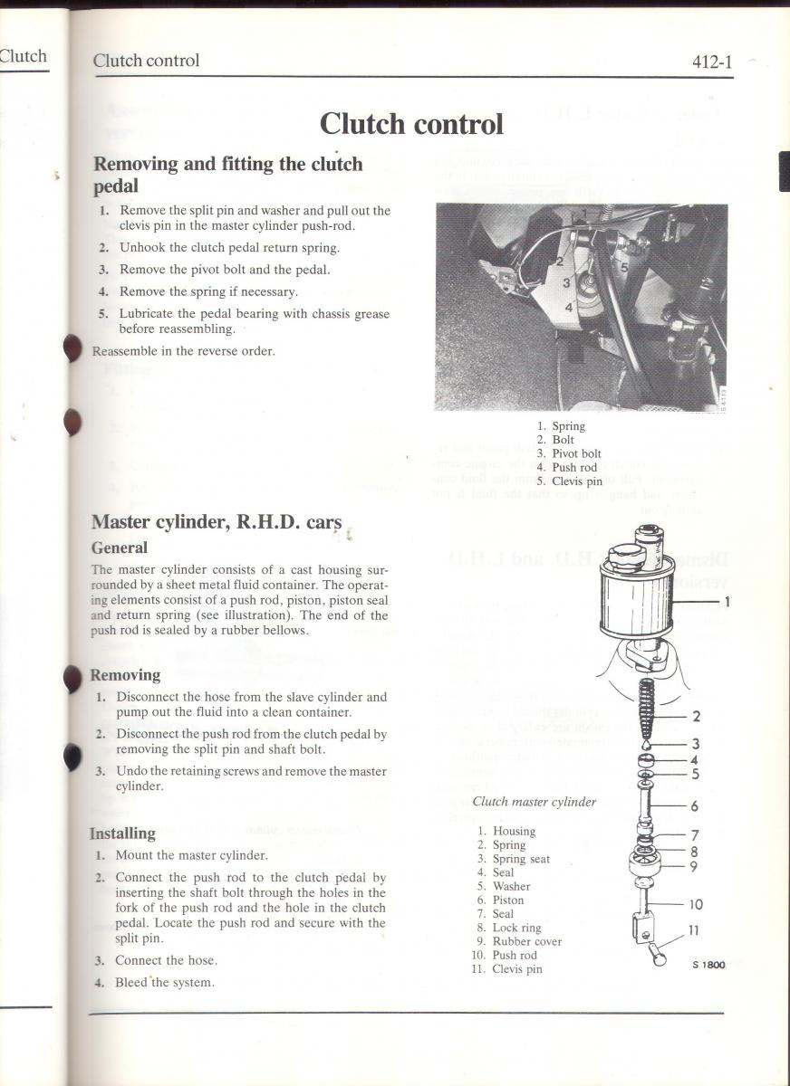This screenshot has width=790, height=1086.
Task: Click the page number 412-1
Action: point(711,62)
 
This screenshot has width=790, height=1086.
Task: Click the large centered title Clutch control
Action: point(411,123)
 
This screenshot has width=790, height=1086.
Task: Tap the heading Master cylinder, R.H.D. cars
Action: point(217,522)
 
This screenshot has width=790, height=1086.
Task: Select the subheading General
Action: point(119,548)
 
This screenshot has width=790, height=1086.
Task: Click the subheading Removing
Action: point(125,675)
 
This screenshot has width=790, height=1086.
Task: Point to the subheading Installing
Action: point(122,834)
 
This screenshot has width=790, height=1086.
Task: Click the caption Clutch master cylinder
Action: point(534,801)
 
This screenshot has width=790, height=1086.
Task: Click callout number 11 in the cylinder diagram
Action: point(692,929)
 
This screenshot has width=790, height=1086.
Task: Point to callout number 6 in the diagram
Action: point(695,805)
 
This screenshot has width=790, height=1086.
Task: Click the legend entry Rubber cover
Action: point(526,941)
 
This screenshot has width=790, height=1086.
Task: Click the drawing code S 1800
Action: point(709,965)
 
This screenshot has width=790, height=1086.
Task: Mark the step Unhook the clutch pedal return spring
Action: point(229,247)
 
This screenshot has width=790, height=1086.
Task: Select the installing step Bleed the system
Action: point(166,983)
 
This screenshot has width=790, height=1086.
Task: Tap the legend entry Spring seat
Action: point(520,859)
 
